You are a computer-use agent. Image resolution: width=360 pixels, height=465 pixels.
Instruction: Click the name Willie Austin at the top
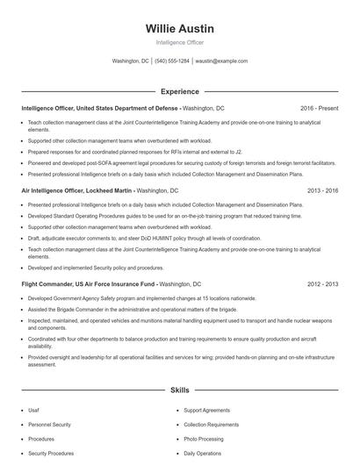coord(180,29)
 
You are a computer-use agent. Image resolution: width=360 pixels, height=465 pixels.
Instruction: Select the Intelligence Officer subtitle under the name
coord(180,43)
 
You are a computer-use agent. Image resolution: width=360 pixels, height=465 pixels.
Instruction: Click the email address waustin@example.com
coord(221,61)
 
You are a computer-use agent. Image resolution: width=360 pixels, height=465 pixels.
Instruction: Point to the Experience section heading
coord(180,91)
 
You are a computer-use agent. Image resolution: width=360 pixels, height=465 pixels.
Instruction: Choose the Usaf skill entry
coord(33,410)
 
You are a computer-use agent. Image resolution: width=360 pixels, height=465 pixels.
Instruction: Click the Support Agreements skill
coord(206,410)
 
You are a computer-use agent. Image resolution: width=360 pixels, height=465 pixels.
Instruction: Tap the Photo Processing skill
coord(204,439)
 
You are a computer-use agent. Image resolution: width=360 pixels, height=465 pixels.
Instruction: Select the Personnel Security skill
coord(49,424)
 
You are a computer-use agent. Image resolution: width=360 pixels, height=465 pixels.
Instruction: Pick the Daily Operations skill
coord(202,454)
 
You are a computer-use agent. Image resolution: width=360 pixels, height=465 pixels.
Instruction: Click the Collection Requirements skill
coord(211,424)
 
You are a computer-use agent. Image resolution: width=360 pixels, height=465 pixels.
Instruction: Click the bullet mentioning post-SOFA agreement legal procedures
coord(182,162)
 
